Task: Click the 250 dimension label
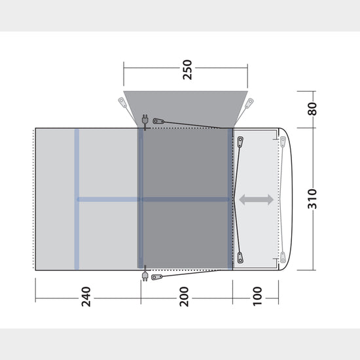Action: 188,70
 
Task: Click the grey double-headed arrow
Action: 256,200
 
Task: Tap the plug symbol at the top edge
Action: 144,119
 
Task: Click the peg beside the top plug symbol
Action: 158,121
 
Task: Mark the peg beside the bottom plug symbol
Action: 156,277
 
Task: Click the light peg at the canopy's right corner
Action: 249,103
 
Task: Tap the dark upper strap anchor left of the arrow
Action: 240,141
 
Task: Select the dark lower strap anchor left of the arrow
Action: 240,257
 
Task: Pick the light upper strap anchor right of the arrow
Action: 282,141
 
